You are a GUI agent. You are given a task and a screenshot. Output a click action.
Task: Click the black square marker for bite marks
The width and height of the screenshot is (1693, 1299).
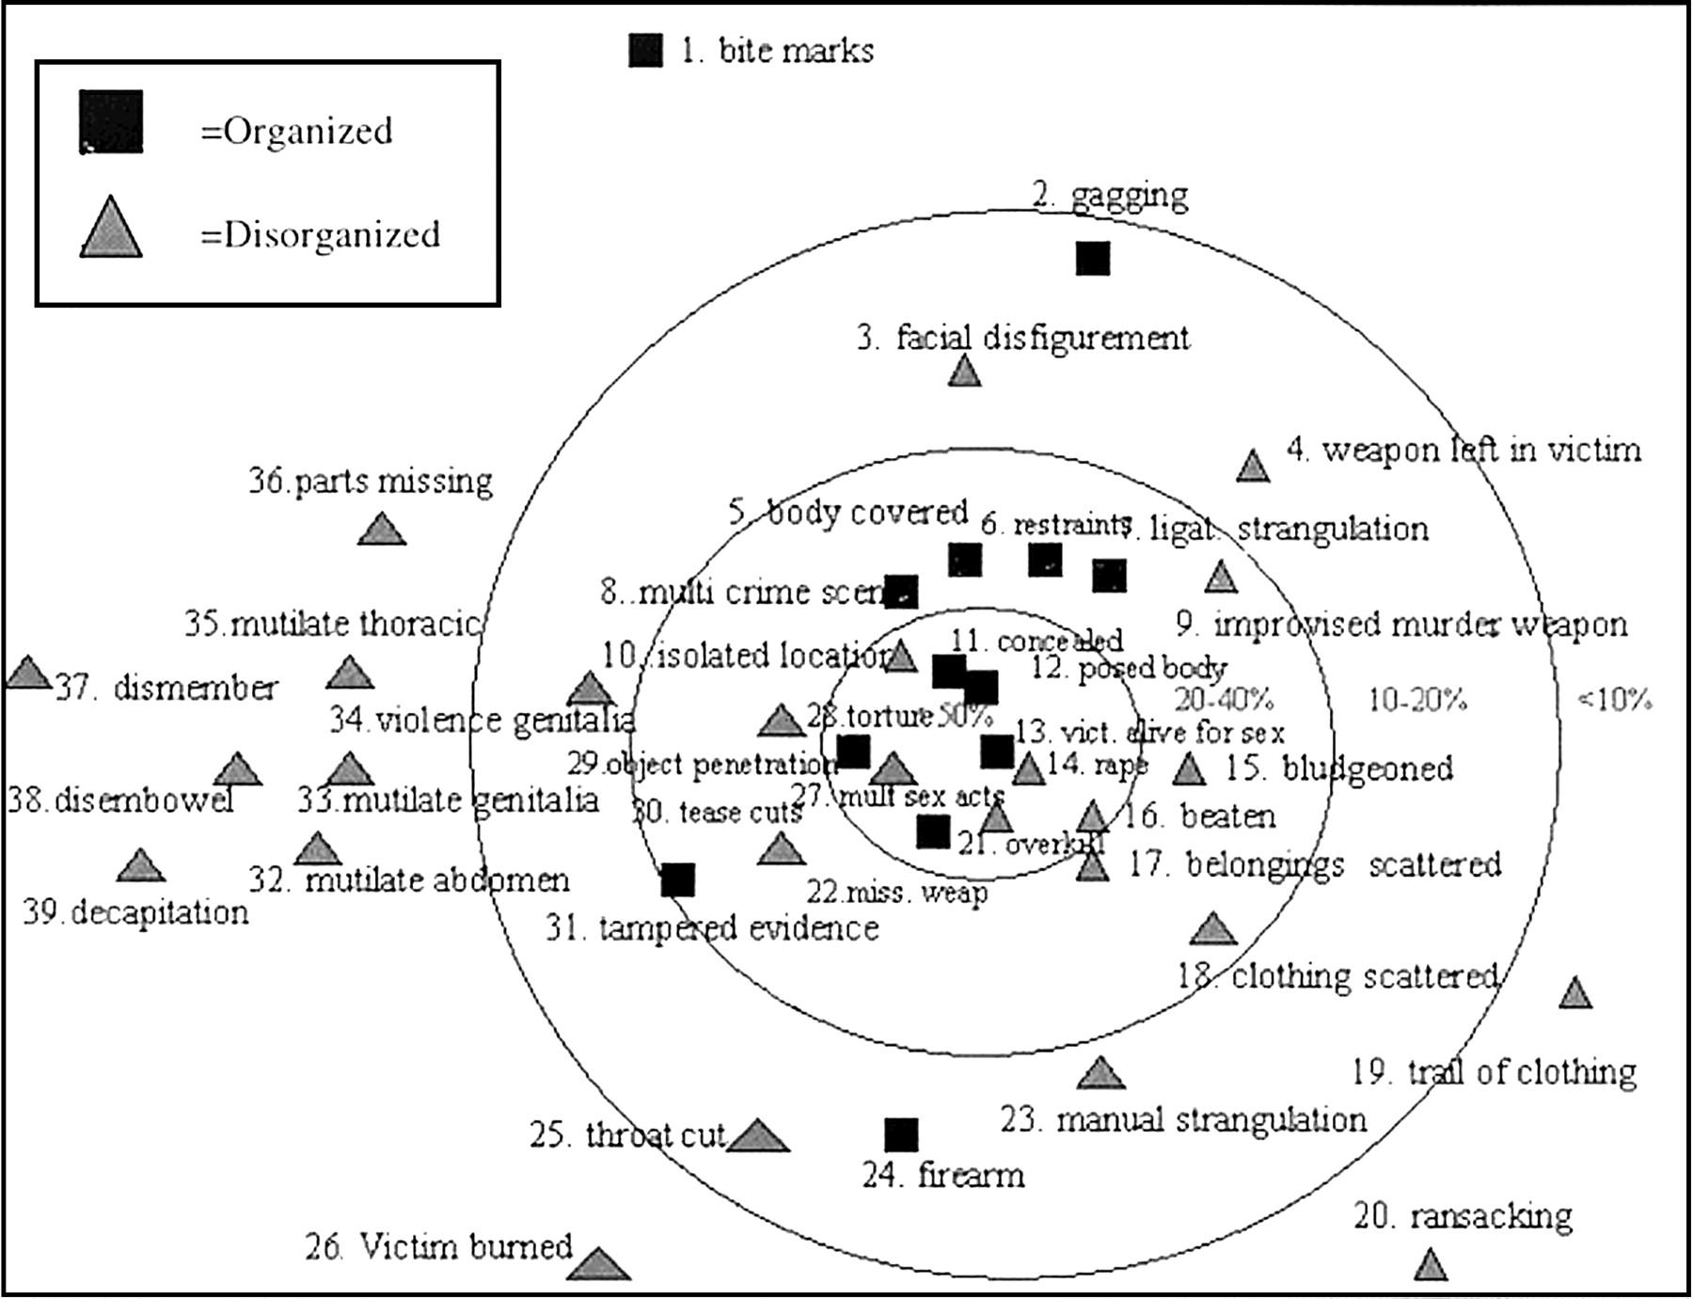(x=645, y=51)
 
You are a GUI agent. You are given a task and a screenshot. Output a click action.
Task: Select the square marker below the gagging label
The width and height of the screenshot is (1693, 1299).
(x=1092, y=258)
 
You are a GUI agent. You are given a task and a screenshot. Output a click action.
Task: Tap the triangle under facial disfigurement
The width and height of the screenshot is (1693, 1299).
(x=964, y=372)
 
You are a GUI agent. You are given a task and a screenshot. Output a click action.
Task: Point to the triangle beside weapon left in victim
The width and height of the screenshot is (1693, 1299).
(x=1252, y=467)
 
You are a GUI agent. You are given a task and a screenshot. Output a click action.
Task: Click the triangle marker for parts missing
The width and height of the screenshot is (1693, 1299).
(x=381, y=531)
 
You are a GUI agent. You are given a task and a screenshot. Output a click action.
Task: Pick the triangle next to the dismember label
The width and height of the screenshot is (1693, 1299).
(x=28, y=673)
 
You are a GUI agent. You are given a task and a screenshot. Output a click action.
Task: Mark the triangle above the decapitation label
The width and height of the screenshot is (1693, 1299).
(x=140, y=866)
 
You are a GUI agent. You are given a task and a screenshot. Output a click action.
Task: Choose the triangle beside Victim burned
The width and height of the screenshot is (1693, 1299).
(x=598, y=1265)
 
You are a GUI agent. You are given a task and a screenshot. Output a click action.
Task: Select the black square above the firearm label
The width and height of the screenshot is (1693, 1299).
(x=901, y=1135)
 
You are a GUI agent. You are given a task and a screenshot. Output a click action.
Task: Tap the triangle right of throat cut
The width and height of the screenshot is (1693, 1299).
(x=758, y=1137)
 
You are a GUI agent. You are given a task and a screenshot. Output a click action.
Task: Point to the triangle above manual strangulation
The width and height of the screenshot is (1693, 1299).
(x=1100, y=1074)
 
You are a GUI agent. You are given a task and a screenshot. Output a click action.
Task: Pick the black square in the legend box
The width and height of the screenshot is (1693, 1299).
(x=111, y=121)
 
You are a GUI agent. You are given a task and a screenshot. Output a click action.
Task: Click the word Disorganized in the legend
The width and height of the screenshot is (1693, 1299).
(x=332, y=234)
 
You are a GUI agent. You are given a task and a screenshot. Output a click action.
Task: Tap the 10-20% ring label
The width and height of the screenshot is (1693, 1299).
(x=1416, y=700)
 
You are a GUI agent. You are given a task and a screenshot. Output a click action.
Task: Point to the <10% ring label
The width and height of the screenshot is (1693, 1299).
(x=1614, y=700)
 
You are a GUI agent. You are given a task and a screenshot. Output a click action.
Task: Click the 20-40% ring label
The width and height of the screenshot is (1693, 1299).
(x=1224, y=700)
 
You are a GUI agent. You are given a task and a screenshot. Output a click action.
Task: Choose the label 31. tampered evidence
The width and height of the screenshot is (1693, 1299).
(x=712, y=929)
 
